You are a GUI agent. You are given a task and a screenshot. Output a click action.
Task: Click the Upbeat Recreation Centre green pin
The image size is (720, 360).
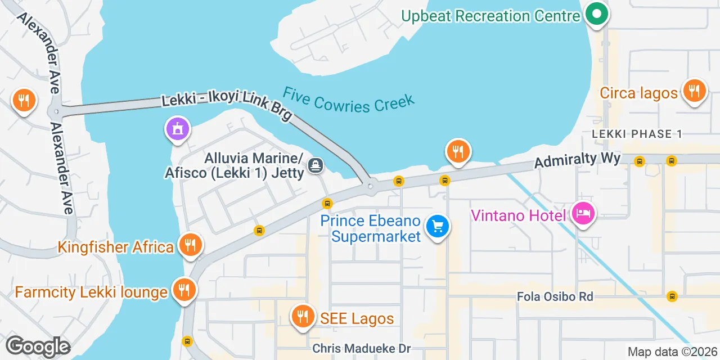[x=596, y=15]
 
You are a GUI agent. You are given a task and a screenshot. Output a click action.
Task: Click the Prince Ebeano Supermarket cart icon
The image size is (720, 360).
[x=438, y=227]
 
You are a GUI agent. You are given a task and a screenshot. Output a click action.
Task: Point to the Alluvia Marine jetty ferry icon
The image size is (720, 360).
[x=316, y=165]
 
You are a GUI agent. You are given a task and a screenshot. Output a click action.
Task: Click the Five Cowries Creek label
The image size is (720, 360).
[x=349, y=100]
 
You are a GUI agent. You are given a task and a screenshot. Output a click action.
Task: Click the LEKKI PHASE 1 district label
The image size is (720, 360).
[x=637, y=134]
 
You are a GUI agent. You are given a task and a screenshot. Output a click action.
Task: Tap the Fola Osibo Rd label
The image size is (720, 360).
[x=555, y=296]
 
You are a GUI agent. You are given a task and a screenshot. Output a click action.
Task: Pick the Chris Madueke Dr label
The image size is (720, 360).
[x=362, y=349]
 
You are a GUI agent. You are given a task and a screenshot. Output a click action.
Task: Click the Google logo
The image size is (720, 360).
[x=37, y=346]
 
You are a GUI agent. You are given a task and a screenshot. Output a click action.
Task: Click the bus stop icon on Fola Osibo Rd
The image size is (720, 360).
[x=671, y=296]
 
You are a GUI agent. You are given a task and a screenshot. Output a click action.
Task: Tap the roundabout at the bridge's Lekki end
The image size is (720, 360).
[x=370, y=186]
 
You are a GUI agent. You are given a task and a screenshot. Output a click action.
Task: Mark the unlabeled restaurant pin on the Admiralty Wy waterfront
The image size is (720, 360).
[x=458, y=151]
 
